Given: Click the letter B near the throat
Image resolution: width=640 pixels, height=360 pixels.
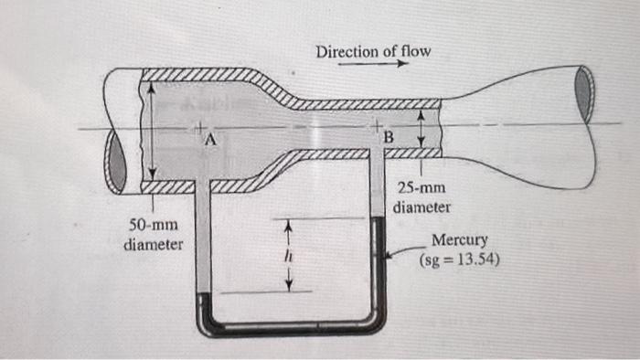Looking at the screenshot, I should pos(388,137).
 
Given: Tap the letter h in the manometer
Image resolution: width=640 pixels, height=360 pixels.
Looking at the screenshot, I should pos(285,257).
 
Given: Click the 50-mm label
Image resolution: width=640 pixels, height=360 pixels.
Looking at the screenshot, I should pos(152,226).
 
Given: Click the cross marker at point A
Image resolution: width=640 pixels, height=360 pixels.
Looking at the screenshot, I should pos(197,126).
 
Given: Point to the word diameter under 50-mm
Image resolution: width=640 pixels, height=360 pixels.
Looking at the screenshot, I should pos(152,244).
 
